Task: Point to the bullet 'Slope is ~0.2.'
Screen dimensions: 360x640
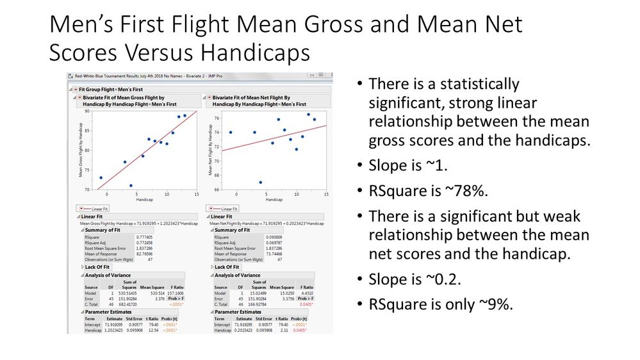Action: coord(413,281)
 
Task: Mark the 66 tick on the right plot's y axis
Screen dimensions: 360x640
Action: coord(217,190)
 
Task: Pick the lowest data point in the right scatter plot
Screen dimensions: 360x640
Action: coord(261,182)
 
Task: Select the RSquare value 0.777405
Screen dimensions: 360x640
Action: coord(145,237)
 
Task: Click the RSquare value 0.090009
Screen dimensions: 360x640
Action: coord(275,237)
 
